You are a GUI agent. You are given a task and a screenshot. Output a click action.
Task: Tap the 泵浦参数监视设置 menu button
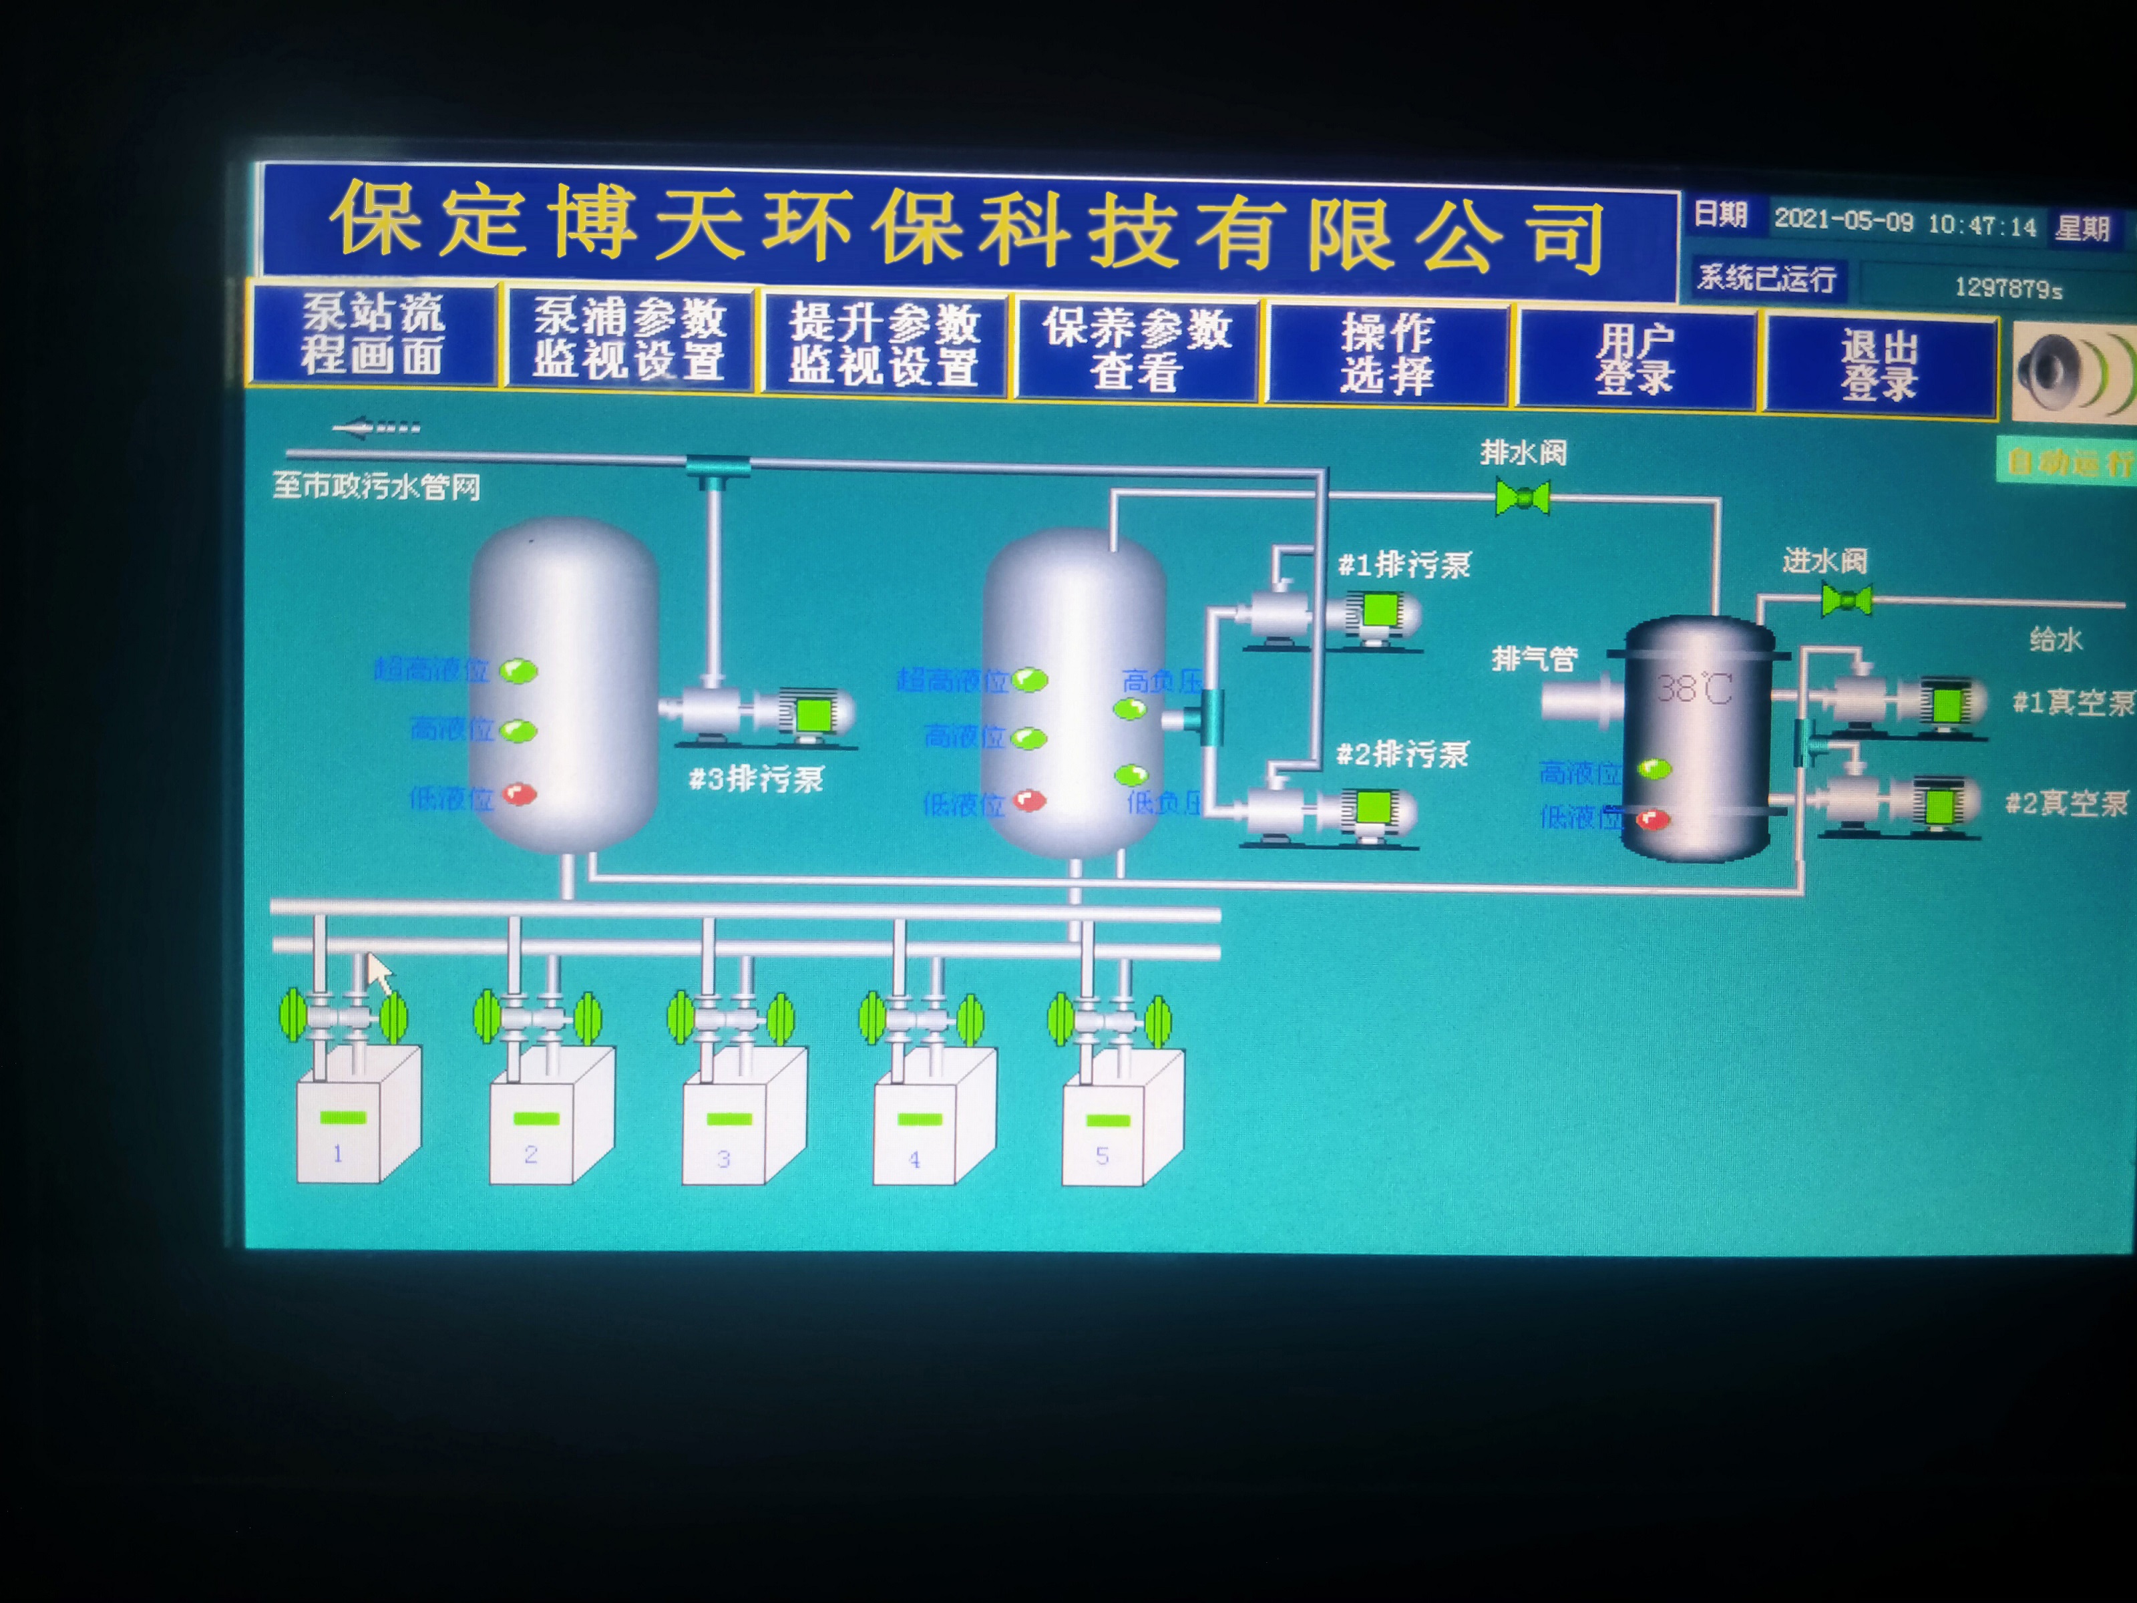pyautogui.click(x=629, y=339)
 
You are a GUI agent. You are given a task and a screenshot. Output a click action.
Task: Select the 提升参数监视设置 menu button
pyautogui.click(x=884, y=345)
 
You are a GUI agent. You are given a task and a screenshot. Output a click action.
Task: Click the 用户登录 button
pyautogui.click(x=1635, y=359)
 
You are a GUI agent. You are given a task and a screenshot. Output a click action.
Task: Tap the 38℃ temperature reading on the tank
pyautogui.click(x=1694, y=688)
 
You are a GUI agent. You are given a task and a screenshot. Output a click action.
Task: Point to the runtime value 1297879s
pyautogui.click(x=2007, y=288)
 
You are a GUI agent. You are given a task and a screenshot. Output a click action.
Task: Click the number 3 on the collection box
pyautogui.click(x=723, y=1159)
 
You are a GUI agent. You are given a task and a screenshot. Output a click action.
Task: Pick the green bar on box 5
pyautogui.click(x=1107, y=1121)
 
